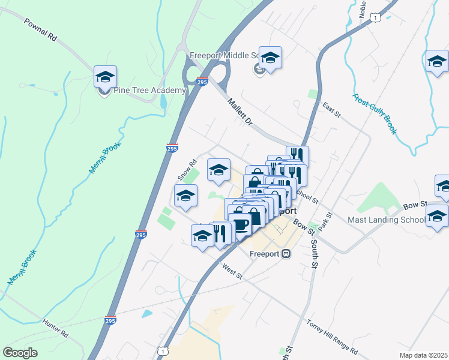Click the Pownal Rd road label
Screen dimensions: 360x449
(x=40, y=29)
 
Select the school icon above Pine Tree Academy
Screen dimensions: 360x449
(x=105, y=77)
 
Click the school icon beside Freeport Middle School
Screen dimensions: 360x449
(x=270, y=58)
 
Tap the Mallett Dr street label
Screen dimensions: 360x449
(x=240, y=112)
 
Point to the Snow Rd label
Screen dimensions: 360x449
(x=187, y=170)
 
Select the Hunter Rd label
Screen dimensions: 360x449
(x=55, y=327)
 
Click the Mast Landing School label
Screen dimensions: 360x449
(x=386, y=220)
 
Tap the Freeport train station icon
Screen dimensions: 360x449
(x=286, y=253)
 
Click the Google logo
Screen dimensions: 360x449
(x=20, y=353)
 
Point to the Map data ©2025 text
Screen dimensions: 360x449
(x=423, y=355)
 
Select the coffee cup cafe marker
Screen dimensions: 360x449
(x=240, y=225)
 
